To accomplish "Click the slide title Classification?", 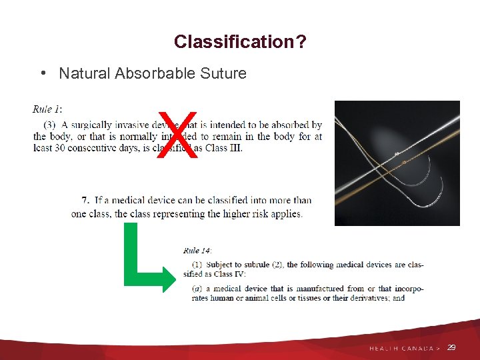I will pyautogui.click(x=240, y=42).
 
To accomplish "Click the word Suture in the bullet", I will pyautogui.click(x=223, y=73).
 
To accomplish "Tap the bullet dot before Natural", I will pyautogui.click(x=43, y=73).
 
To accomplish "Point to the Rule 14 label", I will pyautogui.click(x=197, y=251).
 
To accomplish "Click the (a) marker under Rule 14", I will pyautogui.click(x=197, y=289).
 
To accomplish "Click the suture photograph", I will pyautogui.click(x=397, y=163).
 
